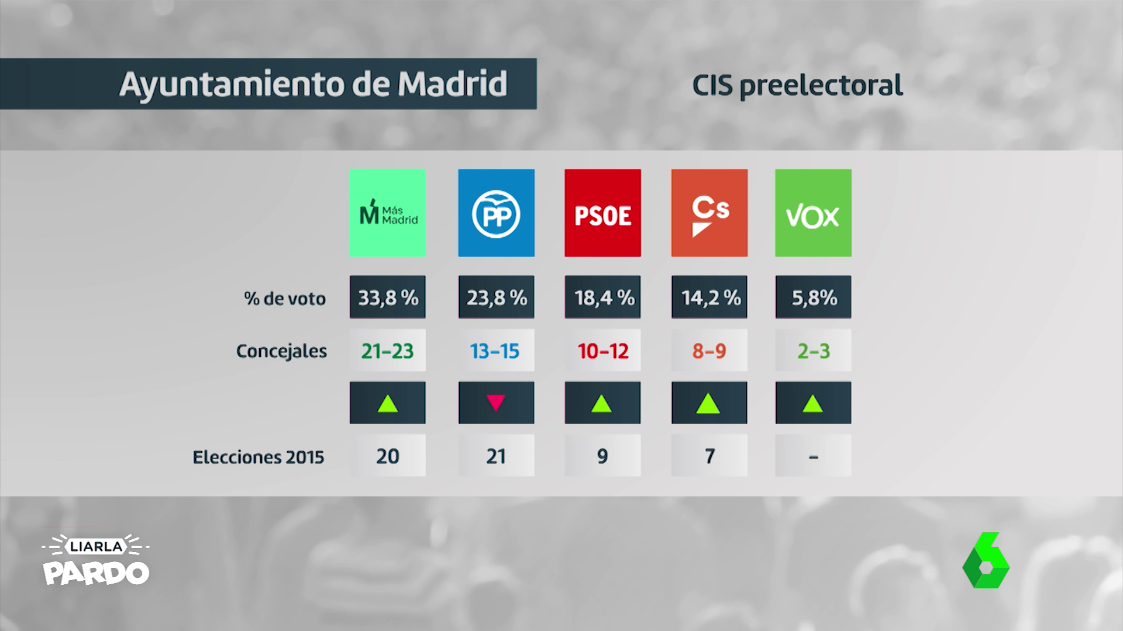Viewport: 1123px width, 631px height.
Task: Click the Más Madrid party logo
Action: click(387, 213)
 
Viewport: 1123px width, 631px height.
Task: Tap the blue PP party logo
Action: click(496, 213)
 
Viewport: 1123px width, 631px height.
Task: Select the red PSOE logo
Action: click(602, 213)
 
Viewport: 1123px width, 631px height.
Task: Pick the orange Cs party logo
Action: click(709, 213)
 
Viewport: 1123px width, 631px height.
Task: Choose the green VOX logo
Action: click(813, 213)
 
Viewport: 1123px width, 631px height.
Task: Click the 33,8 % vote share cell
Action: click(387, 297)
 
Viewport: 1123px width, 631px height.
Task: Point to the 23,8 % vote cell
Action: click(496, 297)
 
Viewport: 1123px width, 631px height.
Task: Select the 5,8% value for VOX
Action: click(813, 297)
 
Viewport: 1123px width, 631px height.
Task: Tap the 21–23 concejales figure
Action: click(387, 351)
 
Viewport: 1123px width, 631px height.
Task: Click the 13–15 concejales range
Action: click(495, 351)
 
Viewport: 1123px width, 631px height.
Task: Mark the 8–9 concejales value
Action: click(709, 351)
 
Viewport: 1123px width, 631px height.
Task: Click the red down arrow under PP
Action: click(496, 403)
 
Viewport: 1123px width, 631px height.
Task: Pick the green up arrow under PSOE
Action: click(602, 403)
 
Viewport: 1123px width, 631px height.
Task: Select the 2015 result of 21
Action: click(496, 456)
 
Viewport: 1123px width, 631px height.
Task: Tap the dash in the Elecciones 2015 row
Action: click(813, 456)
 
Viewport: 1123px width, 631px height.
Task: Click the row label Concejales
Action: click(281, 351)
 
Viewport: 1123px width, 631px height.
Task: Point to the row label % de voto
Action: click(285, 299)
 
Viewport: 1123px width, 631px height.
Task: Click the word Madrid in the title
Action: click(452, 84)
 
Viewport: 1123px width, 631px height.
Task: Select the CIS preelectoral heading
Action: click(797, 85)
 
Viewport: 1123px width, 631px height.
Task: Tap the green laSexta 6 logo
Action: click(986, 560)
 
